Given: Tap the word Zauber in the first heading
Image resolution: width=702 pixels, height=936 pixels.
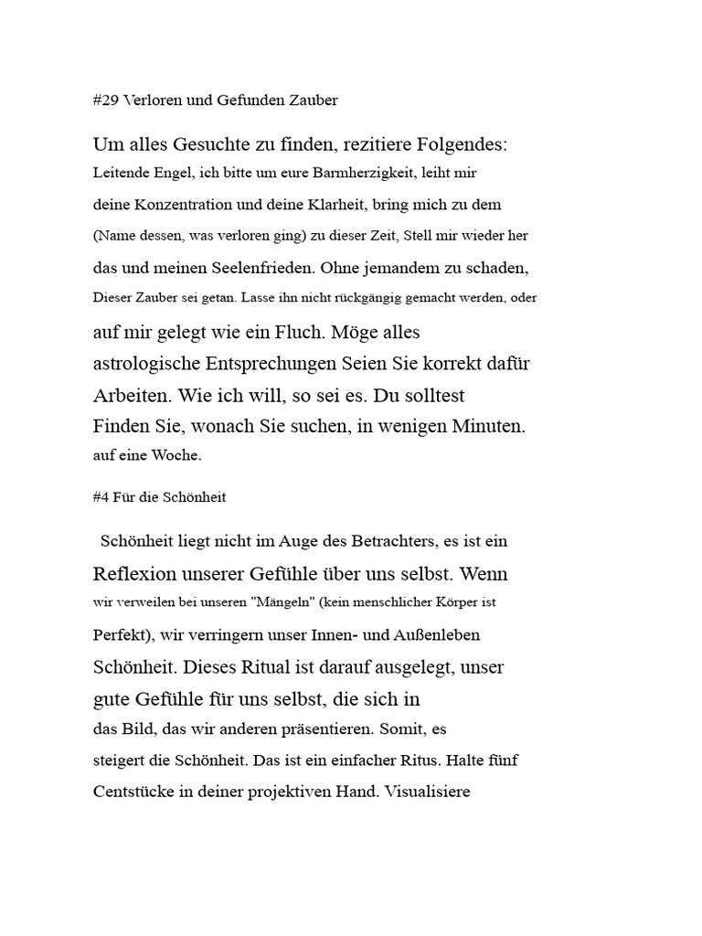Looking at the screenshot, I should pyautogui.click(x=314, y=101).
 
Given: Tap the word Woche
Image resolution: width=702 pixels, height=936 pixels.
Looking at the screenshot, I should pyautogui.click(x=177, y=455).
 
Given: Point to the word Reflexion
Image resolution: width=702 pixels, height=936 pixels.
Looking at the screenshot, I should pyautogui.click(x=137, y=574).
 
